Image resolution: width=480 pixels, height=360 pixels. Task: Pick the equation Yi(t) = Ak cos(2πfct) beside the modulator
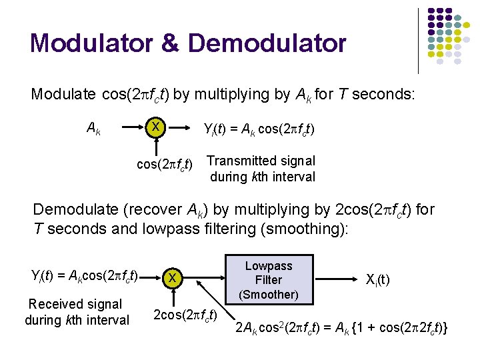click(259, 129)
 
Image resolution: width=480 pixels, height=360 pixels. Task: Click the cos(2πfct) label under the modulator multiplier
click(165, 163)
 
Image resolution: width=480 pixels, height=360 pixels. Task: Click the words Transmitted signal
click(261, 161)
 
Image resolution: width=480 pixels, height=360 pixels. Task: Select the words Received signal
click(75, 305)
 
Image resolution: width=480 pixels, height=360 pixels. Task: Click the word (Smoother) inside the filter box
click(269, 294)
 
